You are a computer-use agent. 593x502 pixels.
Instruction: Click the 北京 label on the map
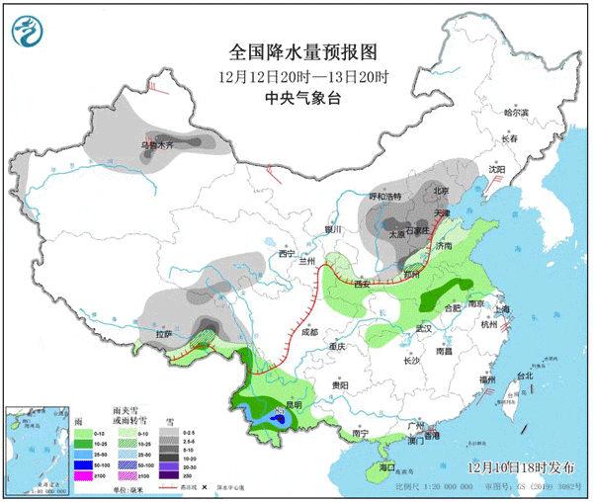coord(441,192)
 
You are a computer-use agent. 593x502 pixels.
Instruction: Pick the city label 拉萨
coord(163,335)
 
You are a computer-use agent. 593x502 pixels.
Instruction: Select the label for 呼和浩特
coord(388,197)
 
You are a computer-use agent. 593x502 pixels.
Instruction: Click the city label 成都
coord(310,333)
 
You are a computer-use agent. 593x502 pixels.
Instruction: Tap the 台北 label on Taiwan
coord(524,376)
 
